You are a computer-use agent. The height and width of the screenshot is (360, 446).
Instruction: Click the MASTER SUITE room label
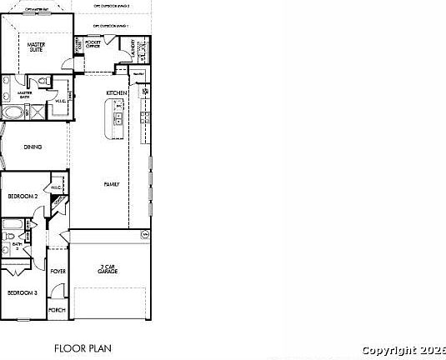click(x=36, y=47)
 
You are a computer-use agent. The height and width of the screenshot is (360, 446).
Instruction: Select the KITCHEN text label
click(x=115, y=92)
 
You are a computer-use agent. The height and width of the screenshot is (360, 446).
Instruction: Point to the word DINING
click(x=33, y=147)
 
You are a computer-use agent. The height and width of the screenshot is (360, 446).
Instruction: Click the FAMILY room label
click(x=111, y=183)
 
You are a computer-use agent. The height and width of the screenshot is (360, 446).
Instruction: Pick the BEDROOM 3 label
click(x=23, y=292)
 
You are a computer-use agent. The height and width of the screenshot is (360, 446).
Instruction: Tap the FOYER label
click(x=58, y=272)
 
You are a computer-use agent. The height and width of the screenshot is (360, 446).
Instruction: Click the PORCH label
click(x=57, y=310)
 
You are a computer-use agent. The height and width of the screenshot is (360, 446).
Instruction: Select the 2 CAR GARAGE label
click(x=107, y=269)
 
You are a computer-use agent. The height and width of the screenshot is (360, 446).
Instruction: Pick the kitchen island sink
click(x=118, y=119)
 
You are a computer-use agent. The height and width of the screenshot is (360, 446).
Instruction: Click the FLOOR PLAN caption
click(x=83, y=347)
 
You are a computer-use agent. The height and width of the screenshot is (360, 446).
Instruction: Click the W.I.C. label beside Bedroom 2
click(x=56, y=188)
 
